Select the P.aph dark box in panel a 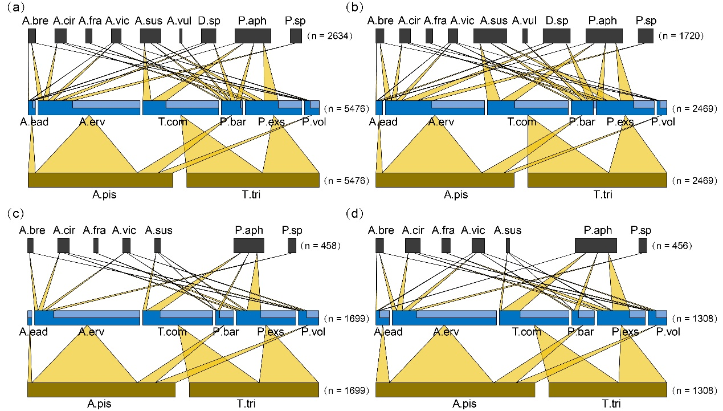pos(252,36)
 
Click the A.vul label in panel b pos(524,21)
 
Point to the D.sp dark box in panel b pos(556,36)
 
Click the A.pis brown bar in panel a pos(100,180)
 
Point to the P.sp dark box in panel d pos(643,246)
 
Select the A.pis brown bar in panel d pos(455,390)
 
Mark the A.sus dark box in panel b pos(489,36)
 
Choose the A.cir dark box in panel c pos(63,246)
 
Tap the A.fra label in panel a pos(90,21)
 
